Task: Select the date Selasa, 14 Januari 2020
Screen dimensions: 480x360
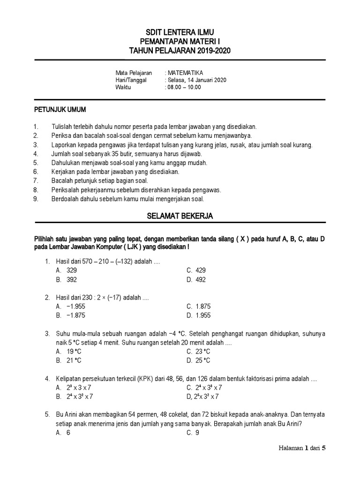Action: pos(197,80)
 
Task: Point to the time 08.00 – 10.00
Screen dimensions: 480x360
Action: pos(184,87)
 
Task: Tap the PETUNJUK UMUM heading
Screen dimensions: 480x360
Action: pos(60,110)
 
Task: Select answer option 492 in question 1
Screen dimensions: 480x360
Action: pos(201,280)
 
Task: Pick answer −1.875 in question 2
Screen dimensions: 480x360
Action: pos(75,315)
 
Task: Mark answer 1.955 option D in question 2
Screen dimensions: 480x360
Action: pos(203,315)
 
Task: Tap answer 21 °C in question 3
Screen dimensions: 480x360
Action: pos(74,360)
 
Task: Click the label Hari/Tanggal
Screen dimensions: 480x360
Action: pos(131,80)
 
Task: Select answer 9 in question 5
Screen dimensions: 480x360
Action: pos(197,433)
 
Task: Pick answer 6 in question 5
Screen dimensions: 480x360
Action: pos(68,433)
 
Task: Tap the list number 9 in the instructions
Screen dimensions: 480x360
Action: pos(36,198)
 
